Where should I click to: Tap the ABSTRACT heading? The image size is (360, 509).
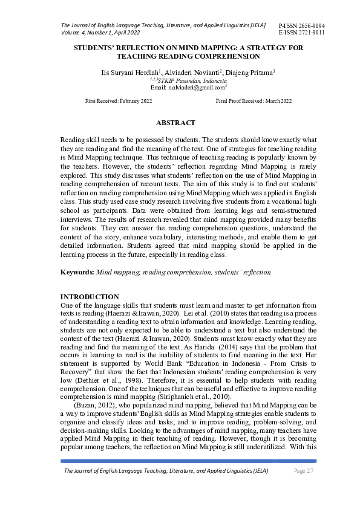click(x=175, y=123)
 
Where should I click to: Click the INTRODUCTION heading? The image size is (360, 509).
click(x=90, y=297)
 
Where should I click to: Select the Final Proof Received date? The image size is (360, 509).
click(x=254, y=101)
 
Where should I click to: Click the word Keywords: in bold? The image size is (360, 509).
click(x=77, y=272)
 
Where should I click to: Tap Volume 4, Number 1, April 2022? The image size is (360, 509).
click(x=100, y=32)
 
